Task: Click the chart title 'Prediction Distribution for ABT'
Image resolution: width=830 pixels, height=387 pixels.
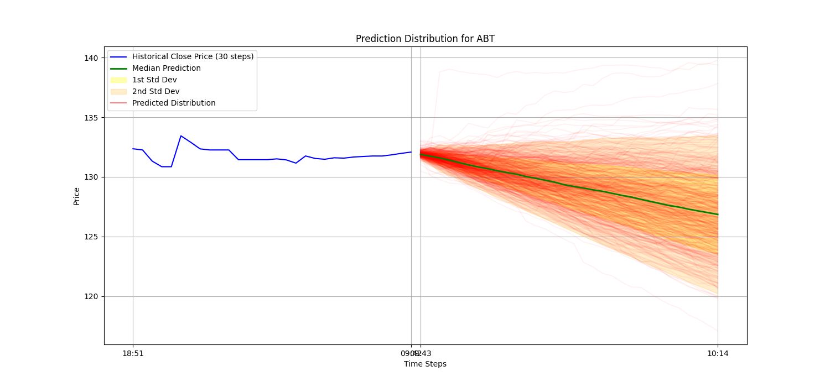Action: coord(425,39)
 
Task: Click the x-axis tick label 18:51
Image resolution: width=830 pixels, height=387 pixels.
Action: coord(133,353)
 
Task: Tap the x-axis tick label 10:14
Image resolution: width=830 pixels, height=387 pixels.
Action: coord(718,353)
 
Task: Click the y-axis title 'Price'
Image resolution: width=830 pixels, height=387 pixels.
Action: coord(76,196)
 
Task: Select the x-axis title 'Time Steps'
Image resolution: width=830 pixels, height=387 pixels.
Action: coord(425,364)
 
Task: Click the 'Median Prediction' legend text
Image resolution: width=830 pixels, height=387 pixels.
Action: coord(166,68)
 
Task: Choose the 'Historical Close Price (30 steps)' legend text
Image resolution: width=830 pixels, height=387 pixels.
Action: coord(193,56)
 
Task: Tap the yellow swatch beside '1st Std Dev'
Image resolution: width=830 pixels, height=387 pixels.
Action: coord(118,80)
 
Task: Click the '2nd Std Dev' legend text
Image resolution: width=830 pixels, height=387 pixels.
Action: coord(155,91)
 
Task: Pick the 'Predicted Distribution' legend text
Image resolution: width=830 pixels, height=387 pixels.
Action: coord(174,103)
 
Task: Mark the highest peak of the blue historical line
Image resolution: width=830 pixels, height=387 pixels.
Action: coord(181,135)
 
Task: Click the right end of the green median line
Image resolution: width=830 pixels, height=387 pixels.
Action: coord(718,215)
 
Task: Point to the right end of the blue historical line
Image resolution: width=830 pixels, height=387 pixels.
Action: coord(411,152)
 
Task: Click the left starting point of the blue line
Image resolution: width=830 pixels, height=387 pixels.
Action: coord(133,149)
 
